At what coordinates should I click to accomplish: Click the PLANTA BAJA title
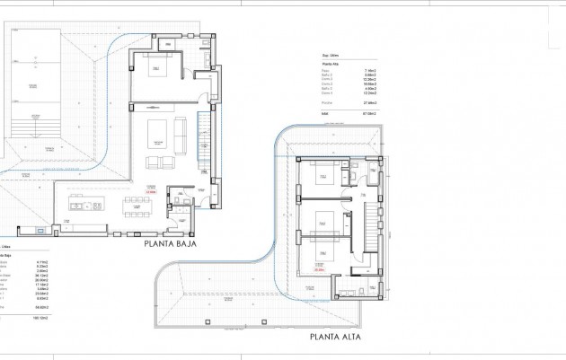170,242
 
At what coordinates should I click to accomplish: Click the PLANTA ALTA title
336,338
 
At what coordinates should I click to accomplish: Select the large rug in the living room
161,132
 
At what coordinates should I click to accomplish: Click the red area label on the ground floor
152,190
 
